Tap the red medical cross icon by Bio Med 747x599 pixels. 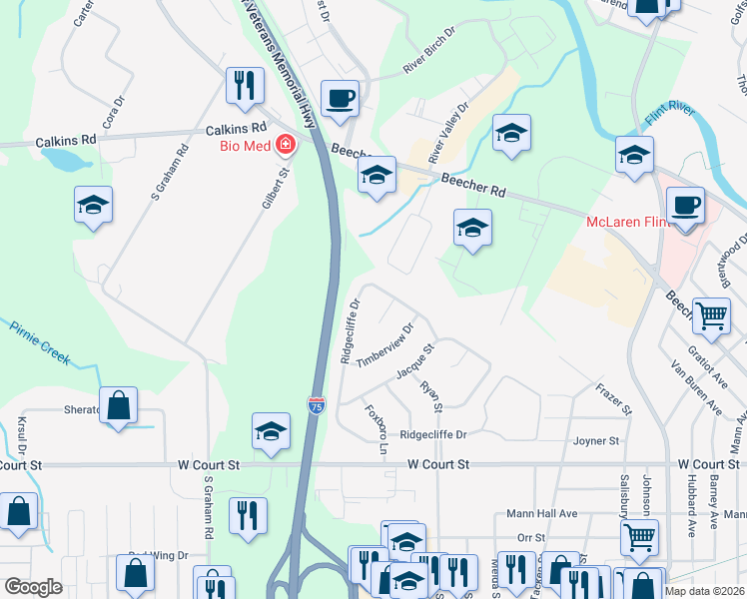[x=286, y=146]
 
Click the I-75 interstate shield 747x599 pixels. [x=316, y=403]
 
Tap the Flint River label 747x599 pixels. [x=668, y=116]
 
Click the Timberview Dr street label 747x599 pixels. [x=385, y=345]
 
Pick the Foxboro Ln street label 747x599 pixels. [x=374, y=426]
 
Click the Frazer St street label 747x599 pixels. [x=614, y=397]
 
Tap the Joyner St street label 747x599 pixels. [x=596, y=440]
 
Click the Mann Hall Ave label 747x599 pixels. [x=541, y=513]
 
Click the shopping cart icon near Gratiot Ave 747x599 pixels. [x=711, y=314]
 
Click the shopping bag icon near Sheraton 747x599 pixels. [x=118, y=404]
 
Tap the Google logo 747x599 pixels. [x=34, y=587]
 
